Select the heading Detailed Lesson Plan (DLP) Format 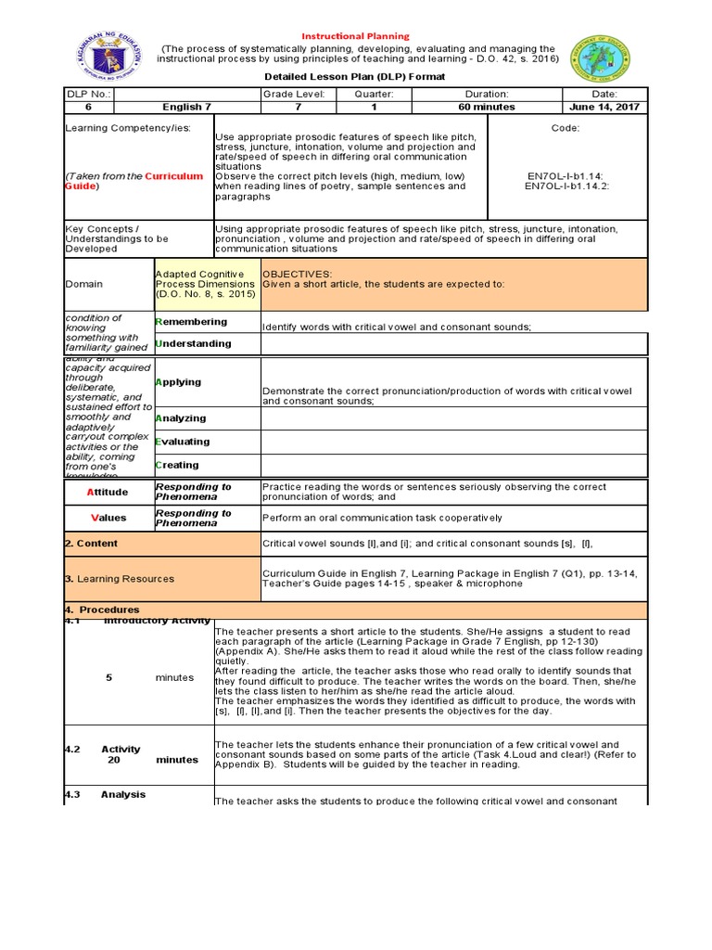(356, 76)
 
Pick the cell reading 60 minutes (487, 107)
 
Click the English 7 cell (188, 107)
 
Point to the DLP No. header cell (88, 94)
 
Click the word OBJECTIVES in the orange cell (298, 275)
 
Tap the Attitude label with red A (108, 492)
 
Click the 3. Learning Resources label (120, 579)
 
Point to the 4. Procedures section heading (102, 610)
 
